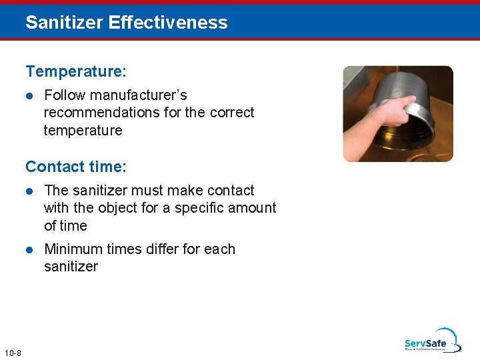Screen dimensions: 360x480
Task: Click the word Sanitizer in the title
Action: coord(64,23)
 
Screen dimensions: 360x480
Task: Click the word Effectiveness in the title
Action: coord(167,23)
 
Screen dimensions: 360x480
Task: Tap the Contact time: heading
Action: coord(75,166)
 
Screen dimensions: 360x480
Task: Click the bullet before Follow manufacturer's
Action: coord(29,95)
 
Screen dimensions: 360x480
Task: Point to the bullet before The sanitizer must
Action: coord(29,191)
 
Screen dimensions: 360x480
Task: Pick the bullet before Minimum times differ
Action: coord(29,249)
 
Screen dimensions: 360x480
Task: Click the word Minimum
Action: coord(72,249)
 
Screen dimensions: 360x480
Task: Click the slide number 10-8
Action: coord(12,353)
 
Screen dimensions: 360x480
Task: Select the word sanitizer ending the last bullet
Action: coord(71,267)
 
